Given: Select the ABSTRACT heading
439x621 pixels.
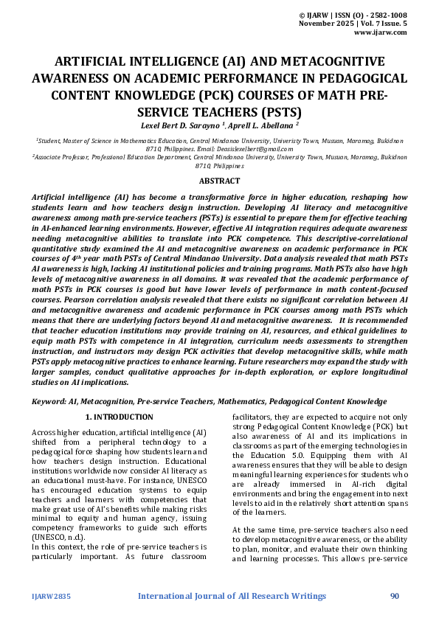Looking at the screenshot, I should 219,181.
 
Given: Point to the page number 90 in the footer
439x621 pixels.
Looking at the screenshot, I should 395,595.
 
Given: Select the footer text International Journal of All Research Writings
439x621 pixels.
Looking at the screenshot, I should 232,595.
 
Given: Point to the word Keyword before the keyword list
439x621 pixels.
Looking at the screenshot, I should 49,401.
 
